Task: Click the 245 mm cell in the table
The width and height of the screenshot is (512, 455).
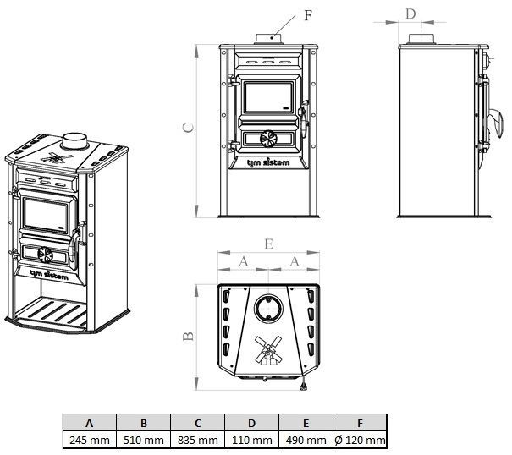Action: (90, 440)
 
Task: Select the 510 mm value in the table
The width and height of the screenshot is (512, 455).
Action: (144, 440)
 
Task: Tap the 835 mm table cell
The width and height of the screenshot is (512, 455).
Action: (198, 440)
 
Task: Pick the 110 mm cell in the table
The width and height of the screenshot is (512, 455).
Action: (252, 440)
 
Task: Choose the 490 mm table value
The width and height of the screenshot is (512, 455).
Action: (306, 440)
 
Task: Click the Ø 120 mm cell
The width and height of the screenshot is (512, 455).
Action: (361, 440)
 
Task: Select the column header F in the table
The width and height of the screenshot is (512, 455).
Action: (361, 422)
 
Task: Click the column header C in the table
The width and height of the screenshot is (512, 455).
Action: (198, 422)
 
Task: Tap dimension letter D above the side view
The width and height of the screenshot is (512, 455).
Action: (411, 14)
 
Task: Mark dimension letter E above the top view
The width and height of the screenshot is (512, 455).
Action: (267, 244)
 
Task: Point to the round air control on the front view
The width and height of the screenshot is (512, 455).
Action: (267, 140)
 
